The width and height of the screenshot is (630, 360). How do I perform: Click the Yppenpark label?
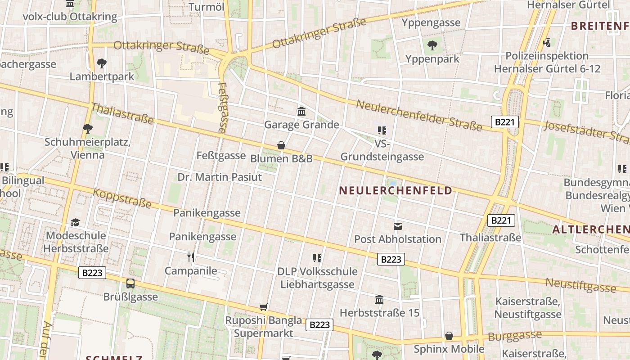[x=432, y=59]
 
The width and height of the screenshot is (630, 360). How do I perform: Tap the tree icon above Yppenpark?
[x=432, y=45]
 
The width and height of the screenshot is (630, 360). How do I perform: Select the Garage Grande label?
[x=301, y=125]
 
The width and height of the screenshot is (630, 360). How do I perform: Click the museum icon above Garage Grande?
[x=301, y=111]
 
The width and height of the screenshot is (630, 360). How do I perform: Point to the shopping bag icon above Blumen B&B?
[x=281, y=145]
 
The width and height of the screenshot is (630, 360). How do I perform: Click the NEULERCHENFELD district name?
[x=395, y=191]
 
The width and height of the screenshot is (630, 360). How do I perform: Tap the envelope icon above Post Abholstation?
[x=398, y=226]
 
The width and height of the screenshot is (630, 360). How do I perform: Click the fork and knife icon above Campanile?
[x=191, y=257]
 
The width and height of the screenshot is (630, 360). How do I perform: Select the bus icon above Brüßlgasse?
[x=130, y=283]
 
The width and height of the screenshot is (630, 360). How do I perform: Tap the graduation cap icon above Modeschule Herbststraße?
[x=76, y=223]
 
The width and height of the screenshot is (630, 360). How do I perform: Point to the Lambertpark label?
[x=102, y=76]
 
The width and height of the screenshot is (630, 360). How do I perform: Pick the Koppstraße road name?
[x=122, y=198]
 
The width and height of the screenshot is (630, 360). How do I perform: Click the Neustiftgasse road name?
[x=581, y=285]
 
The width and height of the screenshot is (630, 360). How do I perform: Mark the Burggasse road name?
[x=515, y=336]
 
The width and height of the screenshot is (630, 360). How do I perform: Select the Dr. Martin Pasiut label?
[x=220, y=177]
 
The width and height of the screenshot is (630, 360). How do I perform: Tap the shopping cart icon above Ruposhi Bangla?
[x=264, y=307]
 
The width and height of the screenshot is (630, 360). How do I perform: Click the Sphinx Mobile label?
[x=449, y=349]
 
